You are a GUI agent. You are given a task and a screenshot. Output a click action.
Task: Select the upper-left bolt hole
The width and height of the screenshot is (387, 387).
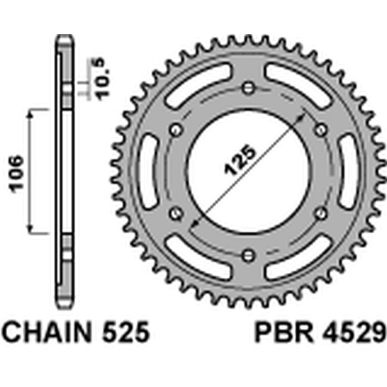(176, 129)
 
